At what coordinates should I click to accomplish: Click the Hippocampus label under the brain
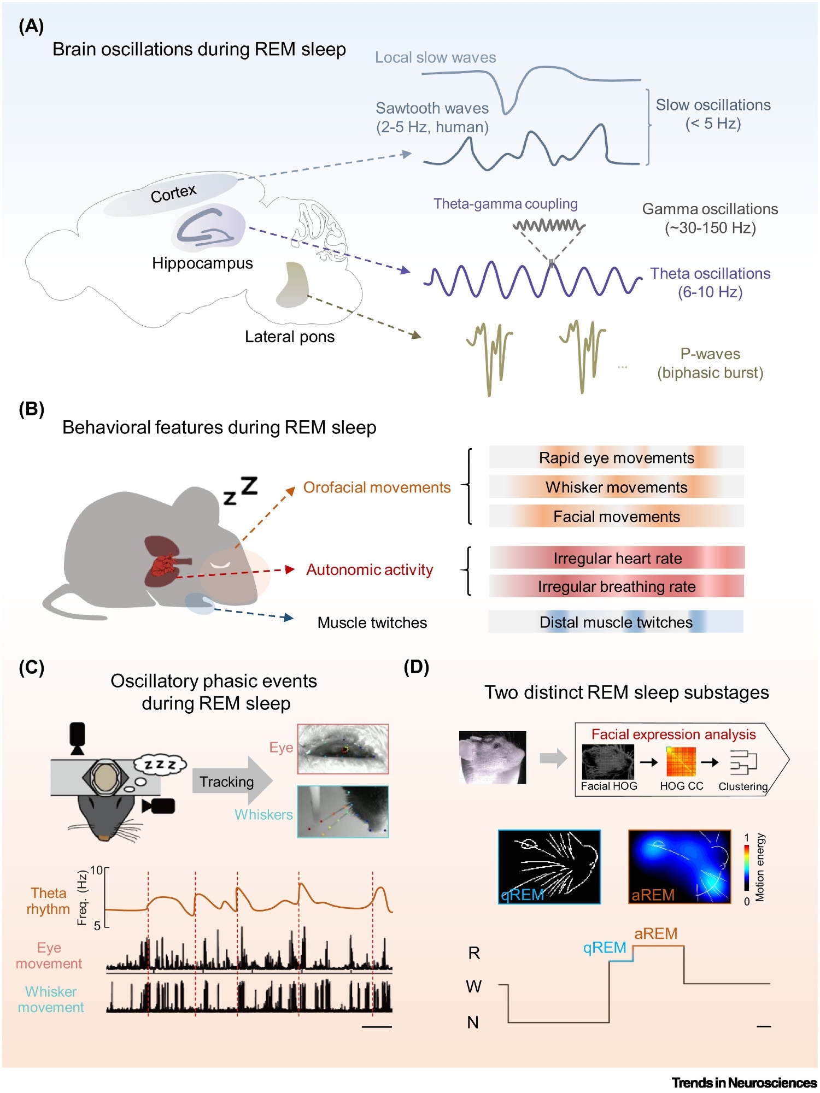pos(202,263)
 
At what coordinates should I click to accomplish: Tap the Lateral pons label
pos(289,337)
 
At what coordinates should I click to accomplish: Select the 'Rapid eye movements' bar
pos(616,457)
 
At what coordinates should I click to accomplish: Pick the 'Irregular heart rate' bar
pos(617,558)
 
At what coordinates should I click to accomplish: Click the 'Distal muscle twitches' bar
pos(616,622)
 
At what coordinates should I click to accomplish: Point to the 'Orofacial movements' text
pos(377,487)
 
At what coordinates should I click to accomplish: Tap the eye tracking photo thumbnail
pos(343,749)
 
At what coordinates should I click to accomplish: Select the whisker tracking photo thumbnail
pos(343,812)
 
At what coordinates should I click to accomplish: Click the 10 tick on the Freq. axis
pos(96,870)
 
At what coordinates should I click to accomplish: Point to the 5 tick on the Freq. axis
pos(97,926)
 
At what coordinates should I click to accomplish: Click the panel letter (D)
pos(416,667)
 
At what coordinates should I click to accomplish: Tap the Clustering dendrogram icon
pos(743,762)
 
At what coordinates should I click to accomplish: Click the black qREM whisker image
pos(549,867)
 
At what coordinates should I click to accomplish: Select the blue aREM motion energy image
pos(680,867)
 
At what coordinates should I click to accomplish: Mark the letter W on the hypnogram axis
pos(473,986)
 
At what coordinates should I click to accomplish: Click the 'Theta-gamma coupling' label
pos(505,204)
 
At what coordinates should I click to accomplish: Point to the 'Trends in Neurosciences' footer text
pos(744,1083)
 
